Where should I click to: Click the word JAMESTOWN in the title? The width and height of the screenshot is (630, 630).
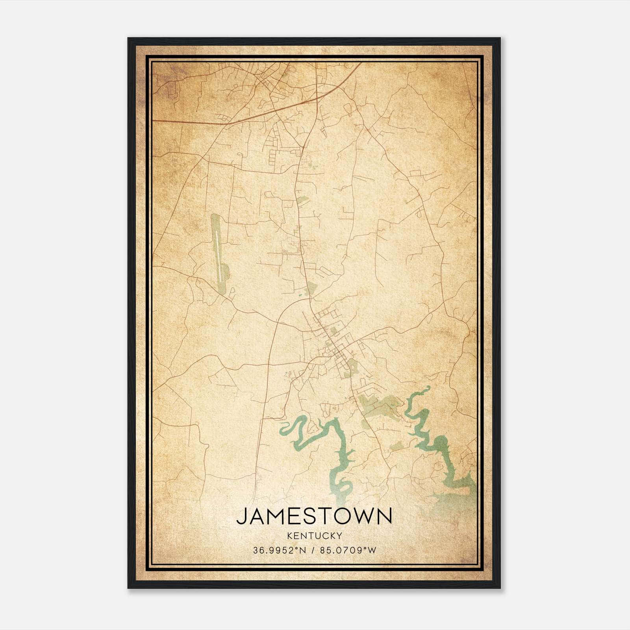point(314,516)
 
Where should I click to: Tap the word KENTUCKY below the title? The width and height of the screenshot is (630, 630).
point(315,535)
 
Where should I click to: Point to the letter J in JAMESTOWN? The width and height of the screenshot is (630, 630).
point(242,516)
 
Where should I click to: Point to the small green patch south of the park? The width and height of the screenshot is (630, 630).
point(397,446)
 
